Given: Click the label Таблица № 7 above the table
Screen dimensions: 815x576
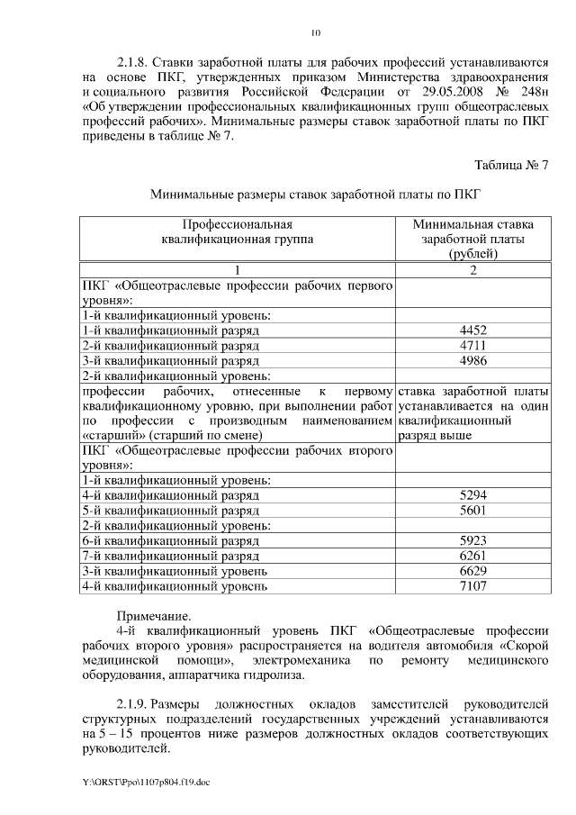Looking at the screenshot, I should pos(510,164).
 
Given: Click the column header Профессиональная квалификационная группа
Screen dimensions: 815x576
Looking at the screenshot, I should pos(238,231).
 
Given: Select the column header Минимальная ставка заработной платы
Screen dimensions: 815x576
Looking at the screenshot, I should pos(472,239).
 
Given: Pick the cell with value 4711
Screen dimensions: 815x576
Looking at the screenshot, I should pos(472,346).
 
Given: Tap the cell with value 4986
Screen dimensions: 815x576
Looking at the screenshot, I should pos(472,361).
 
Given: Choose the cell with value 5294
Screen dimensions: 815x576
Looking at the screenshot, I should pos(472,495).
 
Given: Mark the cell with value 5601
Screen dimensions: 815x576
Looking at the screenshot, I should pos(472,511).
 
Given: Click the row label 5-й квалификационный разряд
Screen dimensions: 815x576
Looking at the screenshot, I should pos(170,511).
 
